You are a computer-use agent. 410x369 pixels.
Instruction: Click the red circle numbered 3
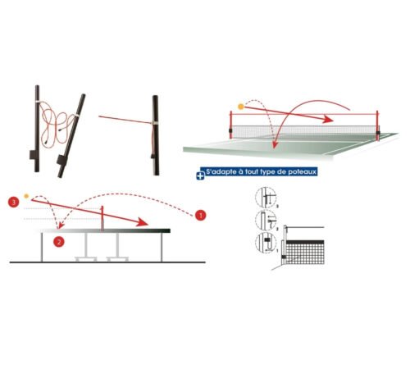[x=13, y=202]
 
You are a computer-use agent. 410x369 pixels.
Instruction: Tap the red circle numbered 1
[x=200, y=216]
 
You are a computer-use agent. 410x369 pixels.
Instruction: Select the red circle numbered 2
[x=59, y=242]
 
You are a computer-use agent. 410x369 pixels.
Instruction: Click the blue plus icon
[x=200, y=175]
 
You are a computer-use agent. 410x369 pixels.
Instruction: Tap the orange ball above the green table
[x=241, y=107]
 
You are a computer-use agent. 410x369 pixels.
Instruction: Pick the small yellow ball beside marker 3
[x=26, y=196]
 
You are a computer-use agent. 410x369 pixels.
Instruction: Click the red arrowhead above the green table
[x=328, y=119]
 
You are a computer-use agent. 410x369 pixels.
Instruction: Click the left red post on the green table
[x=231, y=125]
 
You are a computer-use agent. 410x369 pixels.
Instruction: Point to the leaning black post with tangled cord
[x=71, y=136]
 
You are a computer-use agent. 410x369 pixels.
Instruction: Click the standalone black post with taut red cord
[x=156, y=135]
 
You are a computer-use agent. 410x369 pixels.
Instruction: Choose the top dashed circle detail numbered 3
[x=266, y=198]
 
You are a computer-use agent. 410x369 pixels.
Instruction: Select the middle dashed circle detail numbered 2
[x=266, y=220]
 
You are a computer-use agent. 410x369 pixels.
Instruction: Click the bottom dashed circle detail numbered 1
[x=266, y=243]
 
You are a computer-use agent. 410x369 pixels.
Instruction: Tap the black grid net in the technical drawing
[x=304, y=253]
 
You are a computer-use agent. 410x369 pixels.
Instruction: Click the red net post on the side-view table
[x=102, y=218]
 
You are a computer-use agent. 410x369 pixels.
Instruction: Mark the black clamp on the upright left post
[x=33, y=155]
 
